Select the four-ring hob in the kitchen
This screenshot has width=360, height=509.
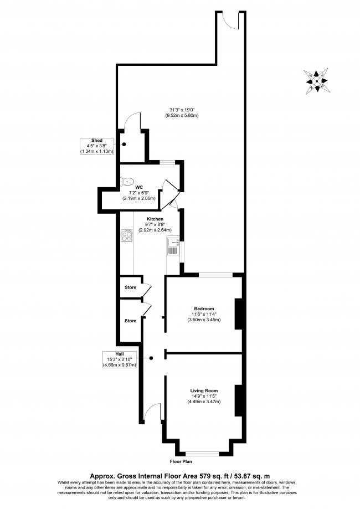[x=126, y=236]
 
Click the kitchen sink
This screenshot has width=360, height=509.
[x=174, y=246]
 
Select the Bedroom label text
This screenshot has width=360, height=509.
[x=203, y=309]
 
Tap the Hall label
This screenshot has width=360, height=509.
[x=119, y=354]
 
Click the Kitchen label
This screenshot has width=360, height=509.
[x=155, y=219]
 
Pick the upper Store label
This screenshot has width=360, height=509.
[x=130, y=287]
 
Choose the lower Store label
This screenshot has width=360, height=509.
[x=130, y=321]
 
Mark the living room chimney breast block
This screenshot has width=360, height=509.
[x=239, y=400]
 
